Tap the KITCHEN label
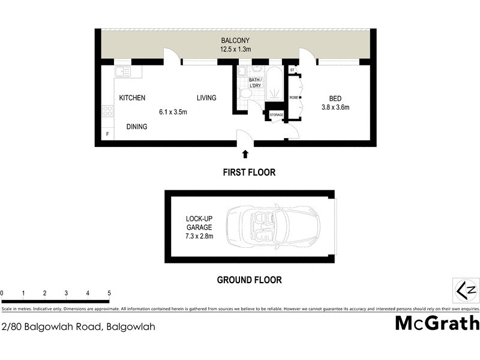pos(132,98)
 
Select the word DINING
pos(137,127)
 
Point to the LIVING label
pos(206,98)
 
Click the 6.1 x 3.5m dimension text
pos(173,112)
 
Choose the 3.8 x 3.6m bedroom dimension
pos(335,108)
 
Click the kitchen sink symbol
pos(123,72)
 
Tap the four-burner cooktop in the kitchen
pos(108,110)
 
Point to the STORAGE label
pos(276,115)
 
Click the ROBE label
pos(294,97)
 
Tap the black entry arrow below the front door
pos(245,155)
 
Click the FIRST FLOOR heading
pos(249,172)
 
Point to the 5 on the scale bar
pos(109,293)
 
